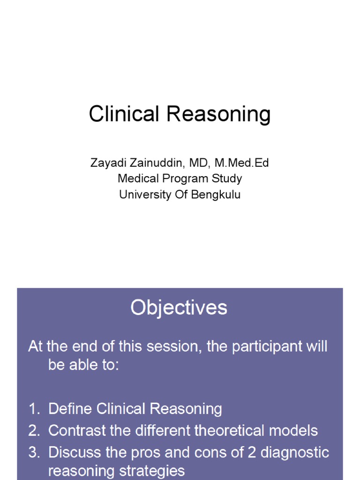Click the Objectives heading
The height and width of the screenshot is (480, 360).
179,308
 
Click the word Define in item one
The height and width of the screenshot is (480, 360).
70,409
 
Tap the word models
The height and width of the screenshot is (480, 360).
295,430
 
